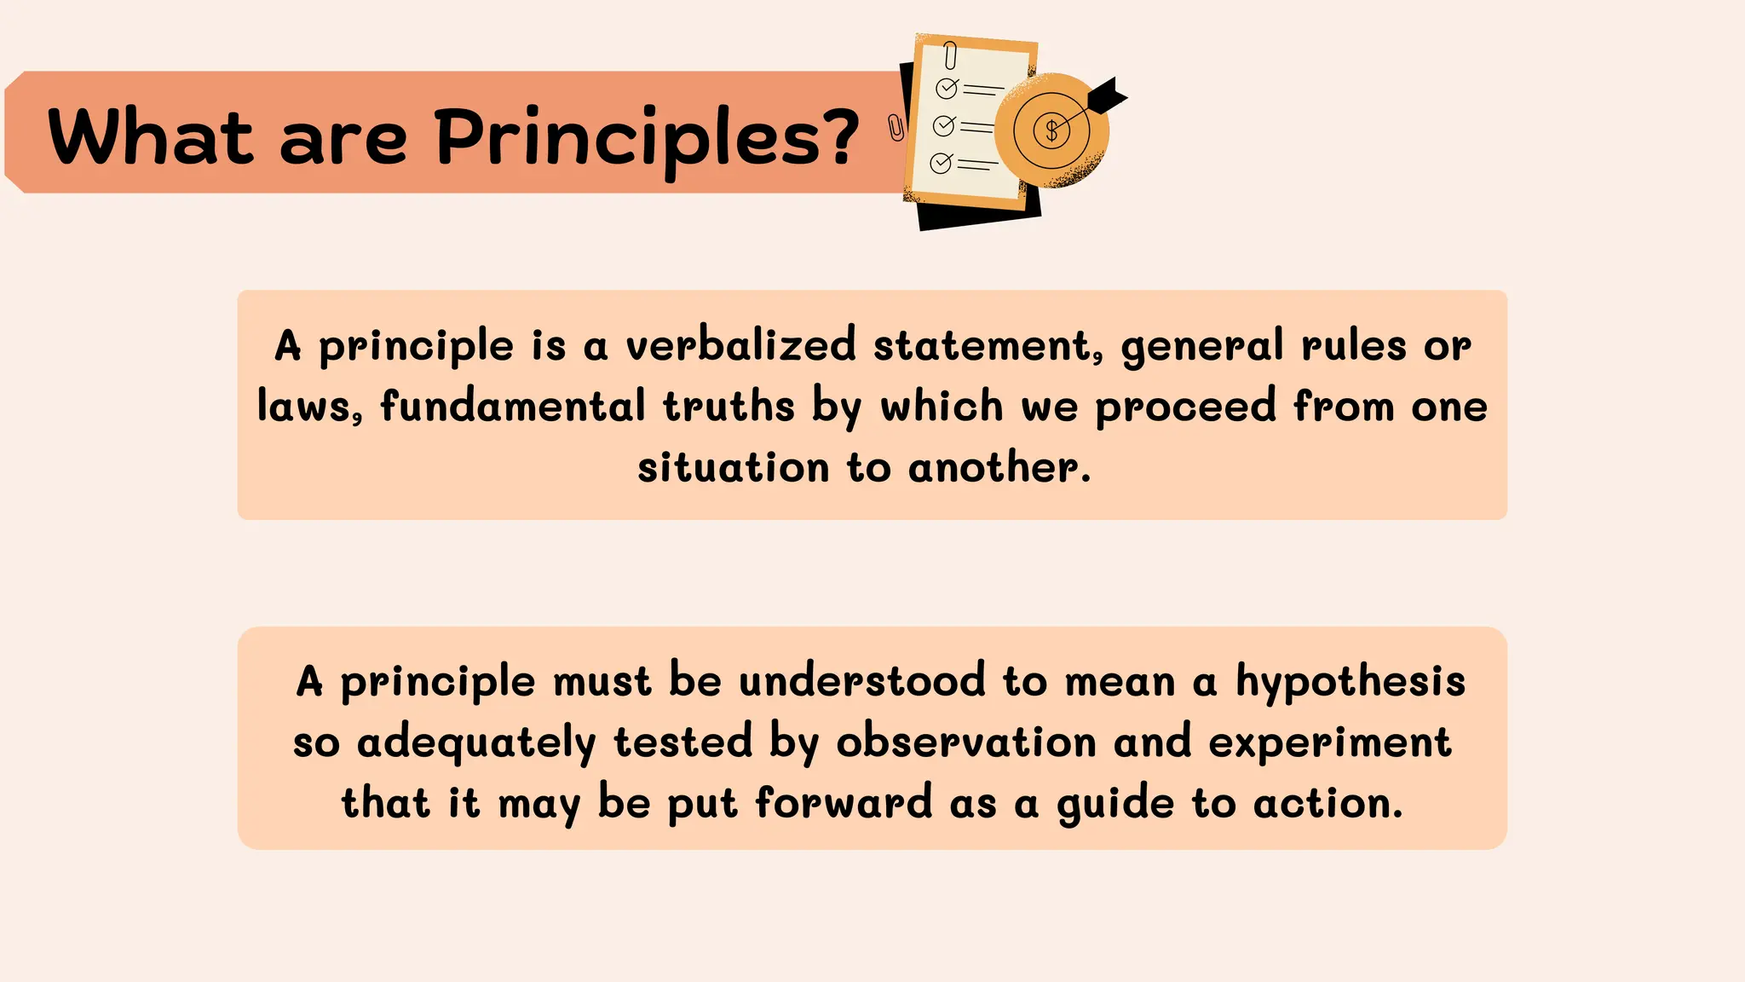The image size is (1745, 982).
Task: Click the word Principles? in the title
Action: pyautogui.click(x=648, y=138)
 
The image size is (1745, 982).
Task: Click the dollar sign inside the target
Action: pyautogui.click(x=1051, y=130)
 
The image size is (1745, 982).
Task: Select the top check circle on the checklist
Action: pyautogui.click(x=947, y=88)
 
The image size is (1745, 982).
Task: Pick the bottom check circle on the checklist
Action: pyautogui.click(x=941, y=163)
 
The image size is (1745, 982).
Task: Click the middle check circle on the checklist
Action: pyautogui.click(x=943, y=126)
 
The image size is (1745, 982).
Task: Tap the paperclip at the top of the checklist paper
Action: pyautogui.click(x=951, y=55)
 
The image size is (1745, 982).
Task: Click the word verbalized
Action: pyautogui.click(x=740, y=345)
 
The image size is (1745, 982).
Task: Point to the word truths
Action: pyautogui.click(x=729, y=406)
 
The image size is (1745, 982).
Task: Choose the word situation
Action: pyautogui.click(x=733, y=467)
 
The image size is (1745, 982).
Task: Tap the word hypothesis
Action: pyautogui.click(x=1351, y=682)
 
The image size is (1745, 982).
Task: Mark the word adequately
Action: pyautogui.click(x=476, y=742)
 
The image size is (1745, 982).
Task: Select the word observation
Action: pyautogui.click(x=966, y=742)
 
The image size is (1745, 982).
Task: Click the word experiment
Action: pyautogui.click(x=1330, y=742)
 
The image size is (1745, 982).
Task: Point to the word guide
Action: pyautogui.click(x=1115, y=804)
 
